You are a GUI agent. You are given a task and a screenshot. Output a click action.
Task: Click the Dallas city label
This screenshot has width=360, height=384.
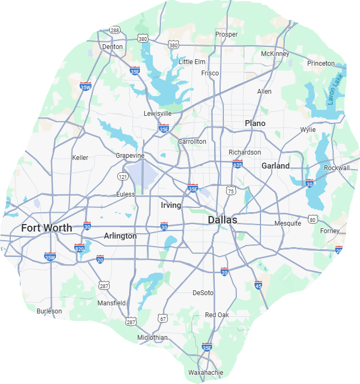tap(222, 220)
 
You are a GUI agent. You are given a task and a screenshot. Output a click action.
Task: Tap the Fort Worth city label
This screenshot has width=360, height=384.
tap(46, 228)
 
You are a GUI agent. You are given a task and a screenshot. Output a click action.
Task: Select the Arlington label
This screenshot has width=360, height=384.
tap(120, 236)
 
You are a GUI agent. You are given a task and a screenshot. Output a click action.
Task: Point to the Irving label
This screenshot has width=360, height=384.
tap(171, 205)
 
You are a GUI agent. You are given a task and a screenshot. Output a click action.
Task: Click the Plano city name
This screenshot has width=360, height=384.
tap(255, 123)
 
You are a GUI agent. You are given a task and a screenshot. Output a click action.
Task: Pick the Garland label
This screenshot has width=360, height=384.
tap(276, 166)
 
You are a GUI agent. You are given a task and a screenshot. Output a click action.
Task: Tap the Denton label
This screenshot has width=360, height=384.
tap(112, 47)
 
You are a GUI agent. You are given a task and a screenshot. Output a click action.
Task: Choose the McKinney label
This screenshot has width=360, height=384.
tap(275, 54)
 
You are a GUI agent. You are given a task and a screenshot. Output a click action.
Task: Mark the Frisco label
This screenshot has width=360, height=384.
tap(210, 73)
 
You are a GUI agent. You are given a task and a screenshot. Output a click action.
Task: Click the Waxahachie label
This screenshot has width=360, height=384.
tap(205, 372)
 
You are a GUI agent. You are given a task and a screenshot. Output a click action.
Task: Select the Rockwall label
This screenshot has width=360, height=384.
tap(337, 168)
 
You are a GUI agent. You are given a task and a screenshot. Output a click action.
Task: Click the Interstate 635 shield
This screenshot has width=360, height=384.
tap(237, 164)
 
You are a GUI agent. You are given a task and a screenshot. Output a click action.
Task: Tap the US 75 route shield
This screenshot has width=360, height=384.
tap(231, 191)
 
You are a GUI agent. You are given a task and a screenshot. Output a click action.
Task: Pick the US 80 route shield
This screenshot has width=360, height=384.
tap(313, 219)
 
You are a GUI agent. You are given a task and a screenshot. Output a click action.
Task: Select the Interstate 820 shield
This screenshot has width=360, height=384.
tap(80, 248)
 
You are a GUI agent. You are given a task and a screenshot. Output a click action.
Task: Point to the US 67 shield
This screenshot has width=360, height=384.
tap(163, 319)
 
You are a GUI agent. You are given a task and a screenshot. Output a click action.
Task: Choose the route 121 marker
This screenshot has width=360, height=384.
tap(123, 176)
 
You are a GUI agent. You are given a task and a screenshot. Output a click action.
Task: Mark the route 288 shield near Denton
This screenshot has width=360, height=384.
tap(114, 30)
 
